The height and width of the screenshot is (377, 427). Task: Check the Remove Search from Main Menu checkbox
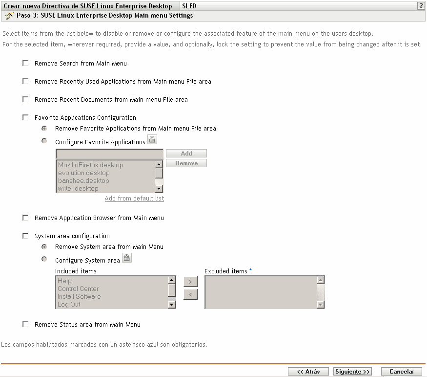coord(25,64)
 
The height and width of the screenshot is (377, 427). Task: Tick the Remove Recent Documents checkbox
coord(25,99)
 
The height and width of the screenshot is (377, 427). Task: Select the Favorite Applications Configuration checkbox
coord(25,117)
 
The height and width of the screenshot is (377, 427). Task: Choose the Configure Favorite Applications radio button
coord(44,141)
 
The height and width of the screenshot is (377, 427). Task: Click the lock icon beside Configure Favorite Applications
coord(152,140)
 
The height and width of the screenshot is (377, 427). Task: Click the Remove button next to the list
coord(186,163)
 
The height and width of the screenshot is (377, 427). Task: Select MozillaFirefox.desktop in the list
coord(90,165)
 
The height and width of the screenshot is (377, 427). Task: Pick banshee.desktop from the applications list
coord(80,181)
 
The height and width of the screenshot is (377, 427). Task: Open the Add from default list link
coord(134,199)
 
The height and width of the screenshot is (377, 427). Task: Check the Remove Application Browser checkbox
coord(25,218)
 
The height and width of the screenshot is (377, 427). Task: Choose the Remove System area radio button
coord(44,246)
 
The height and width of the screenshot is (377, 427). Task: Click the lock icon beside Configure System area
coord(126,259)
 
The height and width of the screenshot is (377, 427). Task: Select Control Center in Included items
coord(78,289)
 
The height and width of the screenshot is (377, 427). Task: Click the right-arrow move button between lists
coord(190,281)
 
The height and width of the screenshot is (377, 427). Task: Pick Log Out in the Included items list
coord(69,305)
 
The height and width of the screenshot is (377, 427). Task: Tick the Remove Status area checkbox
coord(25,324)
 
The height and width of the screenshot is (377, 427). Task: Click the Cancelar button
coord(401,372)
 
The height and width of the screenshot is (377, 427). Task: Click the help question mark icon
coord(420,6)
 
